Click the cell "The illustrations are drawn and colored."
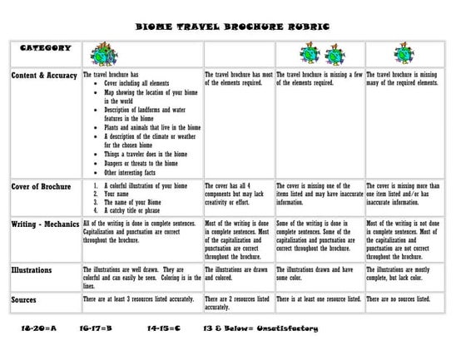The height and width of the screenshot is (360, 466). tap(236, 274)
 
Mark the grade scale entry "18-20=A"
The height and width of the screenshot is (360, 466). tap(37, 329)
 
